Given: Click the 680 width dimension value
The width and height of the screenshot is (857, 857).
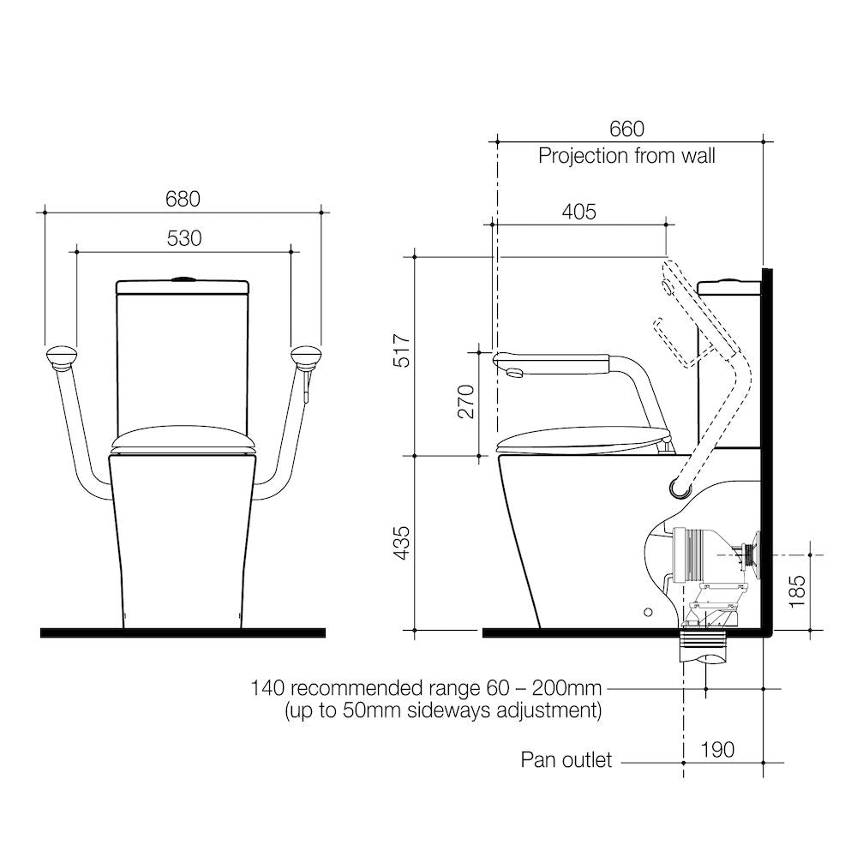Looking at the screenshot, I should pyautogui.click(x=183, y=199).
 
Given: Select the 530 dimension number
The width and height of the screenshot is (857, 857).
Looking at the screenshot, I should pyautogui.click(x=184, y=239).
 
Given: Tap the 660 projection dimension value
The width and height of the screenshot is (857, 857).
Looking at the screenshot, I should pyautogui.click(x=626, y=129).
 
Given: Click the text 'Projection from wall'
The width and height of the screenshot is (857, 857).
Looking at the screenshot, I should pyautogui.click(x=626, y=156).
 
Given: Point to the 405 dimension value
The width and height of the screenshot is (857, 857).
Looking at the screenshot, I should pyautogui.click(x=578, y=212).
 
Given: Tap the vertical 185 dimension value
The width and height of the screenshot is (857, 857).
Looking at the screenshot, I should pyautogui.click(x=796, y=591).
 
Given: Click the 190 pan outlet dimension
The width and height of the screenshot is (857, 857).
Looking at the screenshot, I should pyautogui.click(x=717, y=750).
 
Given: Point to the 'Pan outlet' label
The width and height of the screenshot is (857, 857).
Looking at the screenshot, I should pyautogui.click(x=566, y=760).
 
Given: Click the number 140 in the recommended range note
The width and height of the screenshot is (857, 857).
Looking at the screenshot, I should pyautogui.click(x=267, y=688).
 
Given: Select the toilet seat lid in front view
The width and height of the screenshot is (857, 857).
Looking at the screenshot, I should pyautogui.click(x=183, y=440).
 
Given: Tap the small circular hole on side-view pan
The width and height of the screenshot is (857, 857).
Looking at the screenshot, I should pyautogui.click(x=648, y=612).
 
